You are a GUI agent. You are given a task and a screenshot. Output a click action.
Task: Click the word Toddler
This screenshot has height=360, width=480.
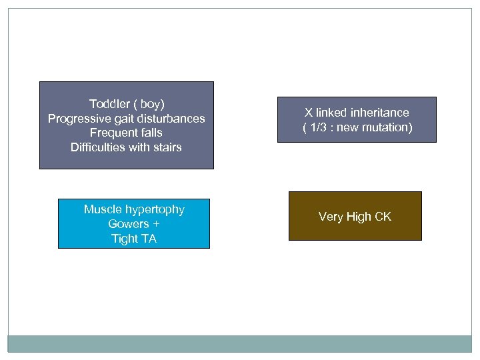click(x=109, y=104)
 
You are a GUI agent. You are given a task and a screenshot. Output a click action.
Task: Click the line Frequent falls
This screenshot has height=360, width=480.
click(x=127, y=133)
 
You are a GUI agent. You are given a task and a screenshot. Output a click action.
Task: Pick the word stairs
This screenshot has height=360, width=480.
click(x=167, y=147)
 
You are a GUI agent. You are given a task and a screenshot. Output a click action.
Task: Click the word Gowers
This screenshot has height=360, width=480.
click(x=128, y=224)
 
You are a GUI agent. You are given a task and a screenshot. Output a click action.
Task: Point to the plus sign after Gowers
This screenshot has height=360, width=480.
click(x=157, y=224)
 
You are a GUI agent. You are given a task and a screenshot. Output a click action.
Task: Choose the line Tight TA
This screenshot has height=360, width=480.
click(x=134, y=239)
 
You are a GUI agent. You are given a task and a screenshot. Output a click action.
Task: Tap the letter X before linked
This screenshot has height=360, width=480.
click(x=309, y=113)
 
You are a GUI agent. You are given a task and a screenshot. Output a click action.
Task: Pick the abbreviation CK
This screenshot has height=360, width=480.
click(x=383, y=217)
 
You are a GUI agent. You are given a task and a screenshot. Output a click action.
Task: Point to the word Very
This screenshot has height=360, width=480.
click(x=331, y=217)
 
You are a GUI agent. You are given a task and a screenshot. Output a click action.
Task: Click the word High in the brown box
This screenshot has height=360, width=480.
click(x=359, y=217)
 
